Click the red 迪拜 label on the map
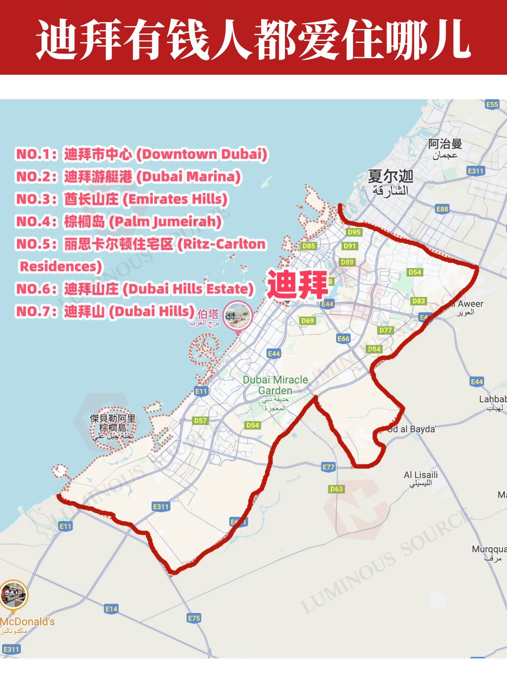(297, 284)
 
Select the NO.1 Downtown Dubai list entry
(142, 154)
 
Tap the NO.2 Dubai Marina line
(128, 177)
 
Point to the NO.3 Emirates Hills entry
(122, 199)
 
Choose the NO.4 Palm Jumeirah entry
(119, 222)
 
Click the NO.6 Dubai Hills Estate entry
(135, 289)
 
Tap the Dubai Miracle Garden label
(275, 385)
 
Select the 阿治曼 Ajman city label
(445, 144)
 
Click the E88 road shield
(442, 209)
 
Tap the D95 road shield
(354, 232)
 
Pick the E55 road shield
(492, 105)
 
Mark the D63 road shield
(336, 489)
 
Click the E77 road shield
(328, 467)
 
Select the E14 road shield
(111, 609)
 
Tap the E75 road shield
(194, 618)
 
